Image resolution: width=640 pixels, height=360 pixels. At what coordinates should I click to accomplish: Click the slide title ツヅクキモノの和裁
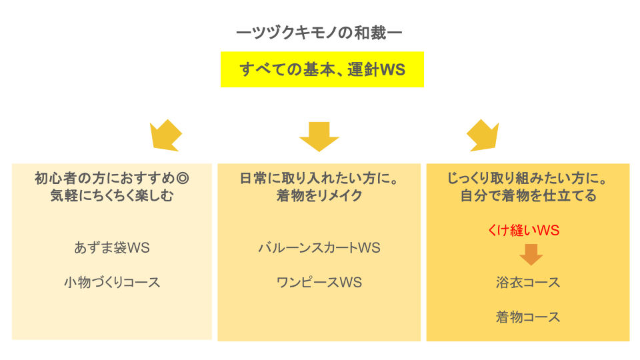[x=319, y=32]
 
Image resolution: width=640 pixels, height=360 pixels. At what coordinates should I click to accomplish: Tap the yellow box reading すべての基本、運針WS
[x=322, y=69]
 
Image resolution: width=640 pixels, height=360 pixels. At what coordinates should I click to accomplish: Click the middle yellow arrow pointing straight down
[x=319, y=136]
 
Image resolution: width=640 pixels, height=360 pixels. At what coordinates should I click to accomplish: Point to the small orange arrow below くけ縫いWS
[x=531, y=254]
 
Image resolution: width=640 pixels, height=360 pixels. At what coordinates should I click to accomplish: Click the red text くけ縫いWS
[x=523, y=231]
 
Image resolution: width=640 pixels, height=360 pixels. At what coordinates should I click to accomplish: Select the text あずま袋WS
[x=112, y=247]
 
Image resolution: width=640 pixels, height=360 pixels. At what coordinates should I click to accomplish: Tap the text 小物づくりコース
[x=112, y=282]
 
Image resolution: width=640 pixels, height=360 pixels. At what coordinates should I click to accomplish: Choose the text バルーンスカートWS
[x=319, y=247]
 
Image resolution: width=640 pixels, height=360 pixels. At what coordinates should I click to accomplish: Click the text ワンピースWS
[x=319, y=282]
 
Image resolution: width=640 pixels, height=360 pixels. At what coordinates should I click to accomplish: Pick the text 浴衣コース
[x=527, y=282]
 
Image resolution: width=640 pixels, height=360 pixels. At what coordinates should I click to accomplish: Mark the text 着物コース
[x=527, y=317]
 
